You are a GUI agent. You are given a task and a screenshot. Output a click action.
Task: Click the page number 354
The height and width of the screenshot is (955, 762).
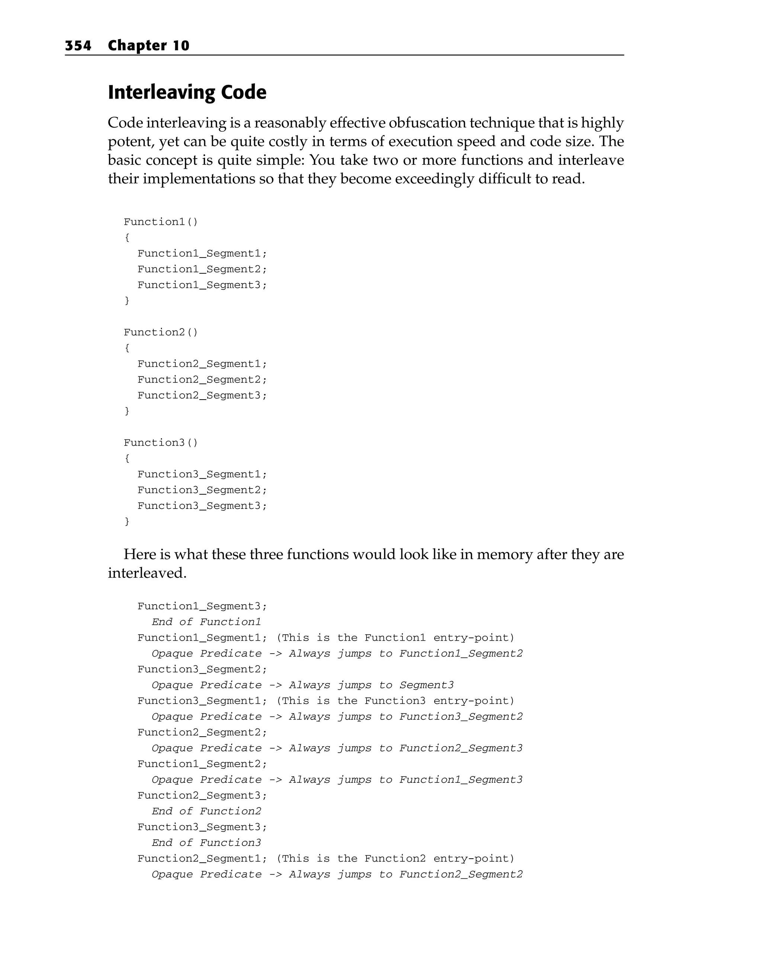point(78,46)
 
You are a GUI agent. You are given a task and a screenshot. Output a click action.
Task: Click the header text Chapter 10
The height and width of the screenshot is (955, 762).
point(148,46)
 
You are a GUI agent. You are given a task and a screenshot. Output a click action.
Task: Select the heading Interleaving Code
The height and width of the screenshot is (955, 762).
point(187,92)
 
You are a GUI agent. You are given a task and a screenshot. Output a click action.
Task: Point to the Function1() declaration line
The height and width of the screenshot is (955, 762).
point(161,222)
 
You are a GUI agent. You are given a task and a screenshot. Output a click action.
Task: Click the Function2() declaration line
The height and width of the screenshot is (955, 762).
point(161,332)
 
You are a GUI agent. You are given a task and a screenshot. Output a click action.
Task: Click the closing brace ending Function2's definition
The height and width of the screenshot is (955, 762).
point(127,411)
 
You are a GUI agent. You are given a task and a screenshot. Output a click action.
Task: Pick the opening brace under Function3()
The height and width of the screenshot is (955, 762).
point(127,458)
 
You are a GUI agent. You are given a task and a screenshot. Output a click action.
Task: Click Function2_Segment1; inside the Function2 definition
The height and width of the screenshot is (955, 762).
point(202,364)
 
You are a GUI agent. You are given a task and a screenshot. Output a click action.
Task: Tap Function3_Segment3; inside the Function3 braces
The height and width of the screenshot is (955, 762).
point(202,506)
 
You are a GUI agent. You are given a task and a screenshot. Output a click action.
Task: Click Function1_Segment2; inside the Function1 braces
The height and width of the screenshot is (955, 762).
point(202,269)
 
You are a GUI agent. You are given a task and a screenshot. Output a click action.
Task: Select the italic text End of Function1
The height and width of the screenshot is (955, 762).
point(206,622)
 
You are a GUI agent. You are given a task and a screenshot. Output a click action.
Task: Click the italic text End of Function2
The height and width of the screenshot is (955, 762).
point(206,811)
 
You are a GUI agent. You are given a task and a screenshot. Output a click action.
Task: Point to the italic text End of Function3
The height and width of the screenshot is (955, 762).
point(206,843)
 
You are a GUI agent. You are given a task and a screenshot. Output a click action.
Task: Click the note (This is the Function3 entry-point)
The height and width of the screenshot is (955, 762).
point(395,701)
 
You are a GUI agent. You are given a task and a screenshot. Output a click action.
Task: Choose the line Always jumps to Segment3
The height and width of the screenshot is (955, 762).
point(371,685)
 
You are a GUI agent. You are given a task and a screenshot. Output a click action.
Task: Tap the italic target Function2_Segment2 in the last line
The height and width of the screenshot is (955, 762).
point(461,874)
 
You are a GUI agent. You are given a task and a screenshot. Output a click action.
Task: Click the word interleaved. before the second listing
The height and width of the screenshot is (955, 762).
point(147,573)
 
